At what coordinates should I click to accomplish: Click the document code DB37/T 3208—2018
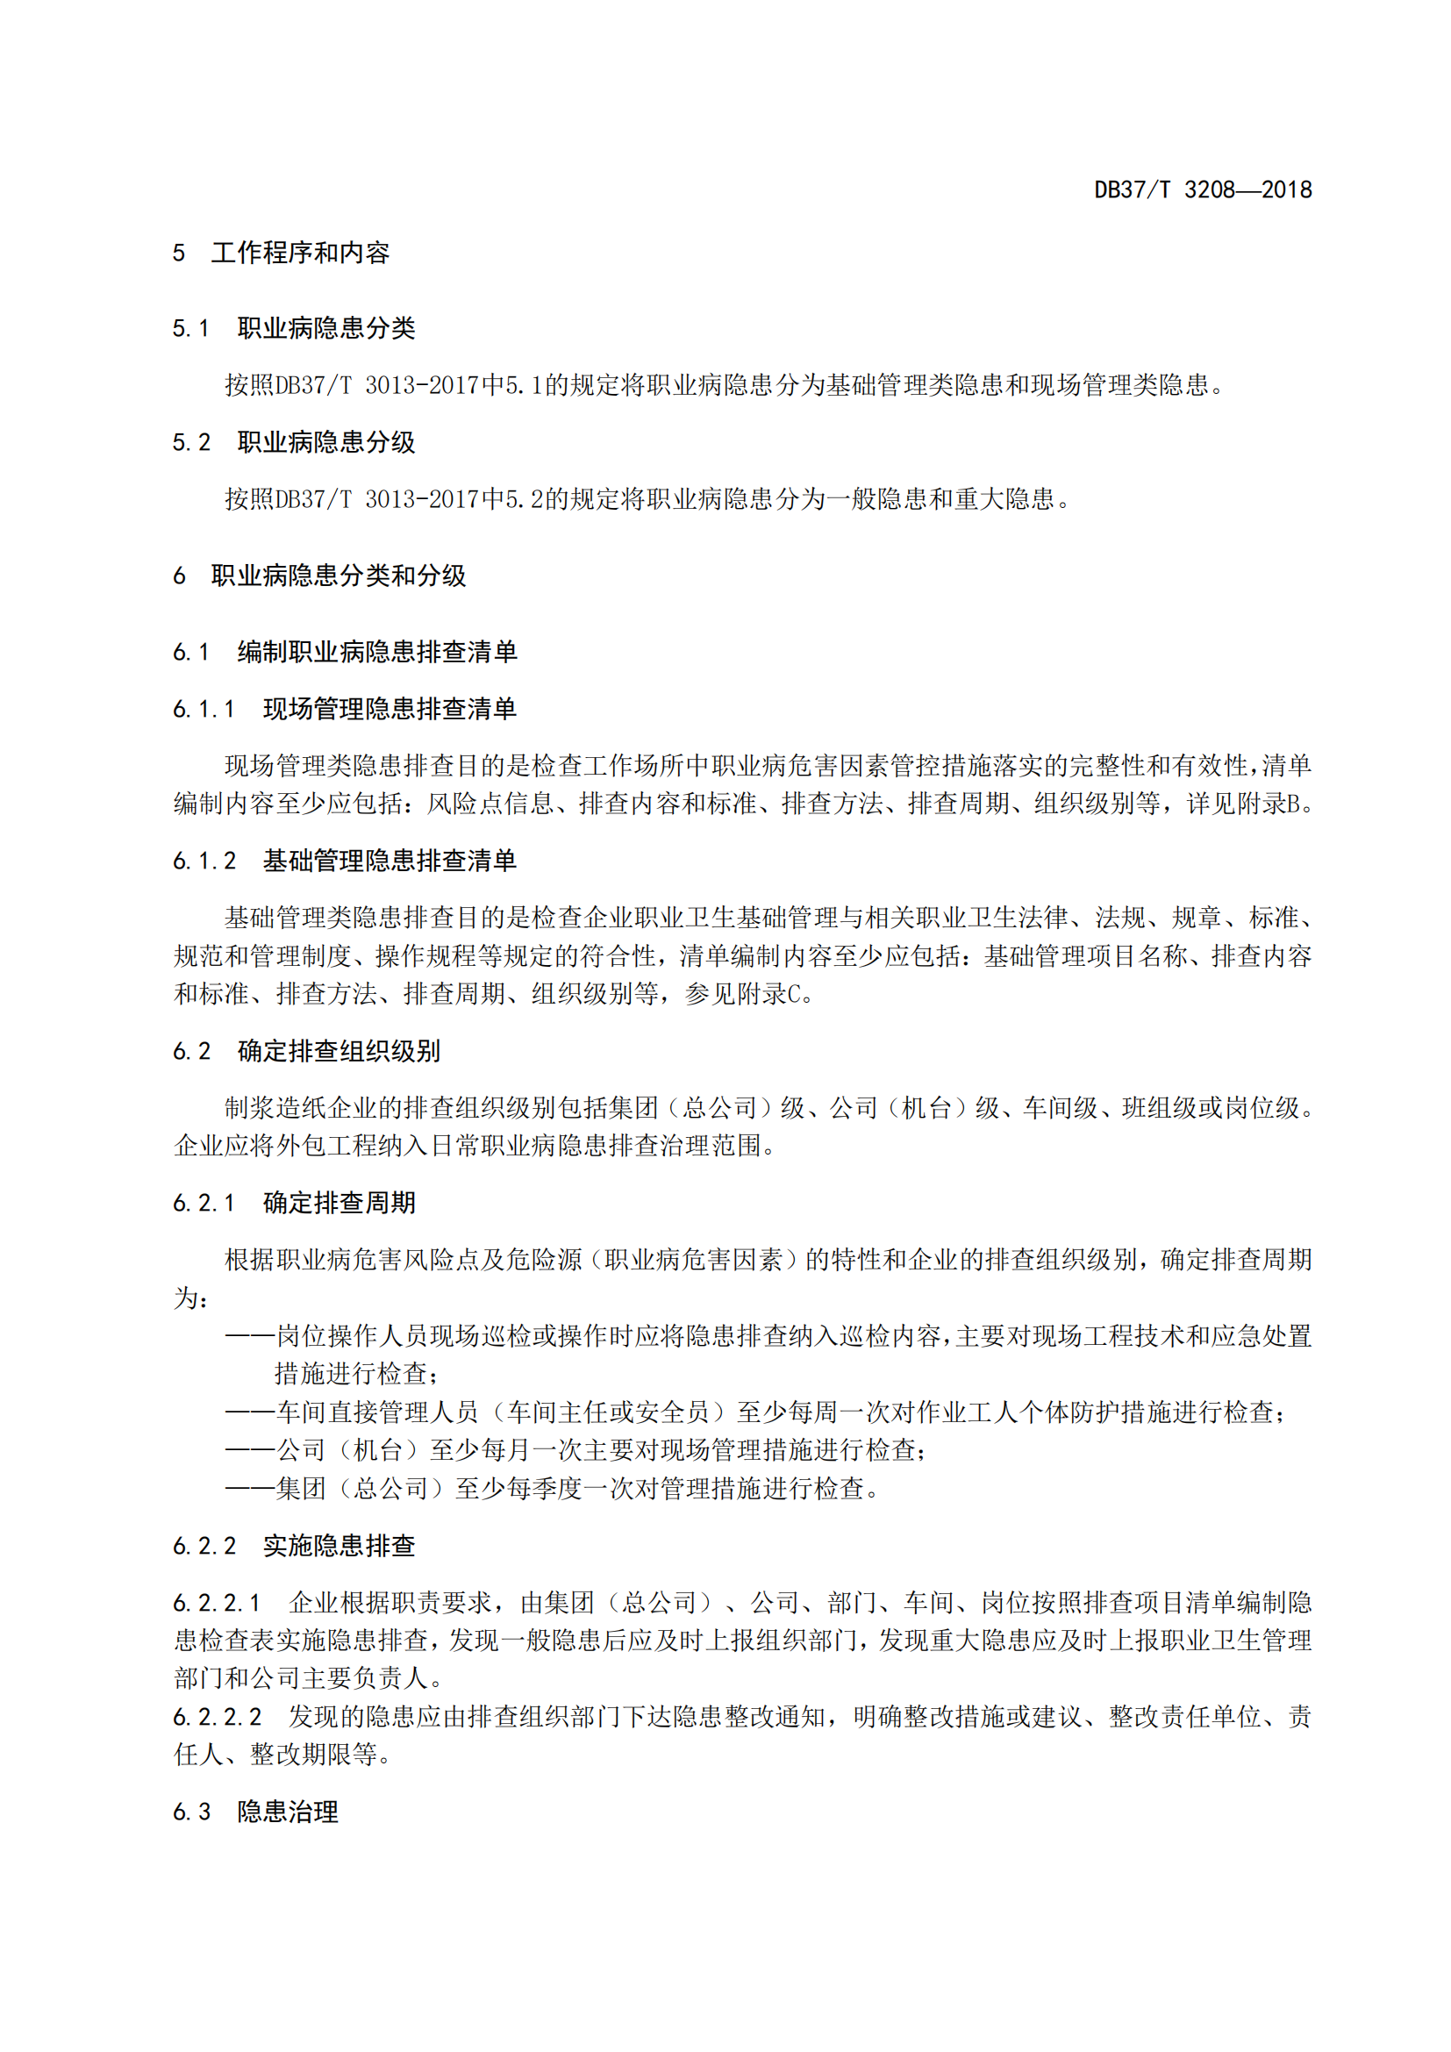[1203, 189]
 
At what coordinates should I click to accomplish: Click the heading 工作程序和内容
[300, 253]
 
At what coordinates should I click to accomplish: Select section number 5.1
[190, 329]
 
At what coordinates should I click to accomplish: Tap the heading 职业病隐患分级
[326, 442]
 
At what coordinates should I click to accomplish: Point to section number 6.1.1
[204, 710]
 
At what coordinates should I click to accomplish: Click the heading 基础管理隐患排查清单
[390, 861]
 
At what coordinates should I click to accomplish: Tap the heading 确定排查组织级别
[339, 1051]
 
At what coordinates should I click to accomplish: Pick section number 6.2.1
[204, 1203]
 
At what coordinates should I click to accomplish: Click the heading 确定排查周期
[339, 1203]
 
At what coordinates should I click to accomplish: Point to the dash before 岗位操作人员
[249, 1336]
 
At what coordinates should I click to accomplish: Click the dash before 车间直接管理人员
[249, 1412]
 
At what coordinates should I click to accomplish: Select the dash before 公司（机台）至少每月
[249, 1449]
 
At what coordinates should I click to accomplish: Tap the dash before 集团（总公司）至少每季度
[249, 1488]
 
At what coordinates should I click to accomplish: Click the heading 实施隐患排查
[339, 1546]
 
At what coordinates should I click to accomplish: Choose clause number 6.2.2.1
[216, 1603]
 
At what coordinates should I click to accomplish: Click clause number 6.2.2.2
[216, 1717]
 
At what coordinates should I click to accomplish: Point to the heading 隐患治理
[288, 1812]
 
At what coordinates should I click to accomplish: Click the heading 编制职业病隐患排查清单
[377, 652]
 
